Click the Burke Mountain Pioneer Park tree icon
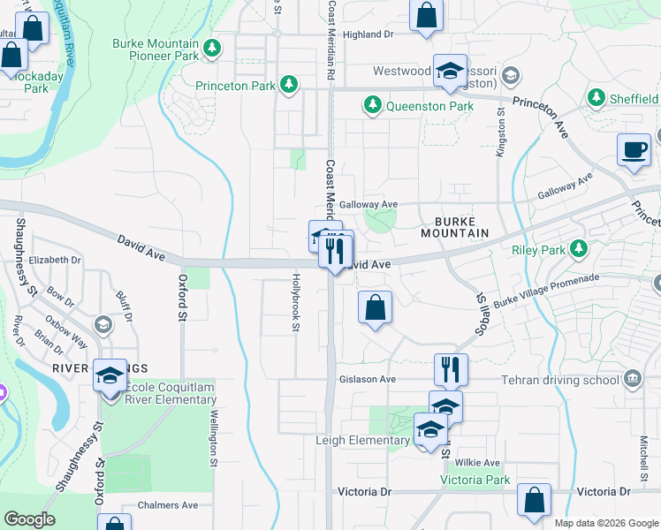point(210,48)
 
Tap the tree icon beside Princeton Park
point(288,85)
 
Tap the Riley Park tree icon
point(580,249)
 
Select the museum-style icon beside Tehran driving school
point(633,380)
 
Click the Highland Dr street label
point(368,34)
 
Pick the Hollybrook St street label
point(295,302)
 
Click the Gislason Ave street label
point(367,379)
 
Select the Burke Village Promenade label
point(546,291)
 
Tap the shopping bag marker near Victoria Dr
point(534,499)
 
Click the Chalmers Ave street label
point(168,505)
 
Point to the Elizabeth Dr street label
point(55,261)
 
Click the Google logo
point(29,519)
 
